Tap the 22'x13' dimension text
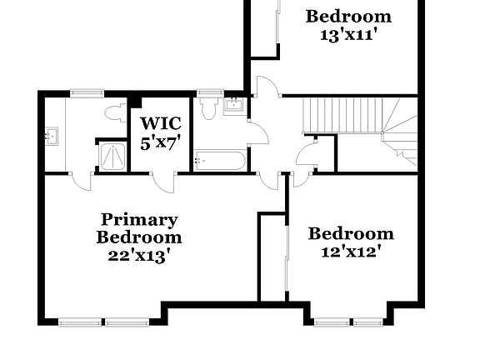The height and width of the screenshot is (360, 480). click(139, 256)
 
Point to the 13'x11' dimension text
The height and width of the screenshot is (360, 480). click(348, 35)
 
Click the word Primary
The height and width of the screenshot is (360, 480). click(139, 220)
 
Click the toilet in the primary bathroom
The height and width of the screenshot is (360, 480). click(114, 112)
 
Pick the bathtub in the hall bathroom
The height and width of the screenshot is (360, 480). click(219, 159)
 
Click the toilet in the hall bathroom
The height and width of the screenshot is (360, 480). click(209, 107)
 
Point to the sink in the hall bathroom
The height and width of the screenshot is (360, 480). click(234, 104)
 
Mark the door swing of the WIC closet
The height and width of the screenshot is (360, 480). click(163, 180)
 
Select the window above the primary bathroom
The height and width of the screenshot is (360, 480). click(82, 93)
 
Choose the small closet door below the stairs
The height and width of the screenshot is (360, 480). click(307, 156)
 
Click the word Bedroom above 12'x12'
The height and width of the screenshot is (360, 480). click(351, 234)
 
